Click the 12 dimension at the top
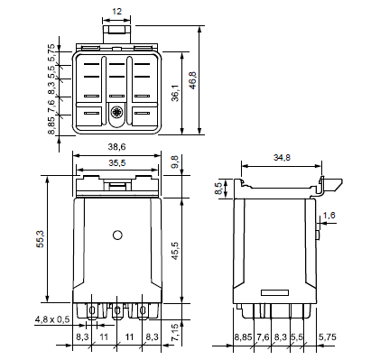[x=116, y=12]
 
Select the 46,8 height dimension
[x=192, y=80]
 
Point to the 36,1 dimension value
[x=175, y=93]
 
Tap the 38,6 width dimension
[x=116, y=147]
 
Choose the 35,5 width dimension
[x=116, y=163]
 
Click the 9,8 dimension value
[x=175, y=162]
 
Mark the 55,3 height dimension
[x=41, y=239]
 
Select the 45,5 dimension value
[x=175, y=251]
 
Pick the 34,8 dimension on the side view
[x=282, y=157]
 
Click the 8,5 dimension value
[x=218, y=189]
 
